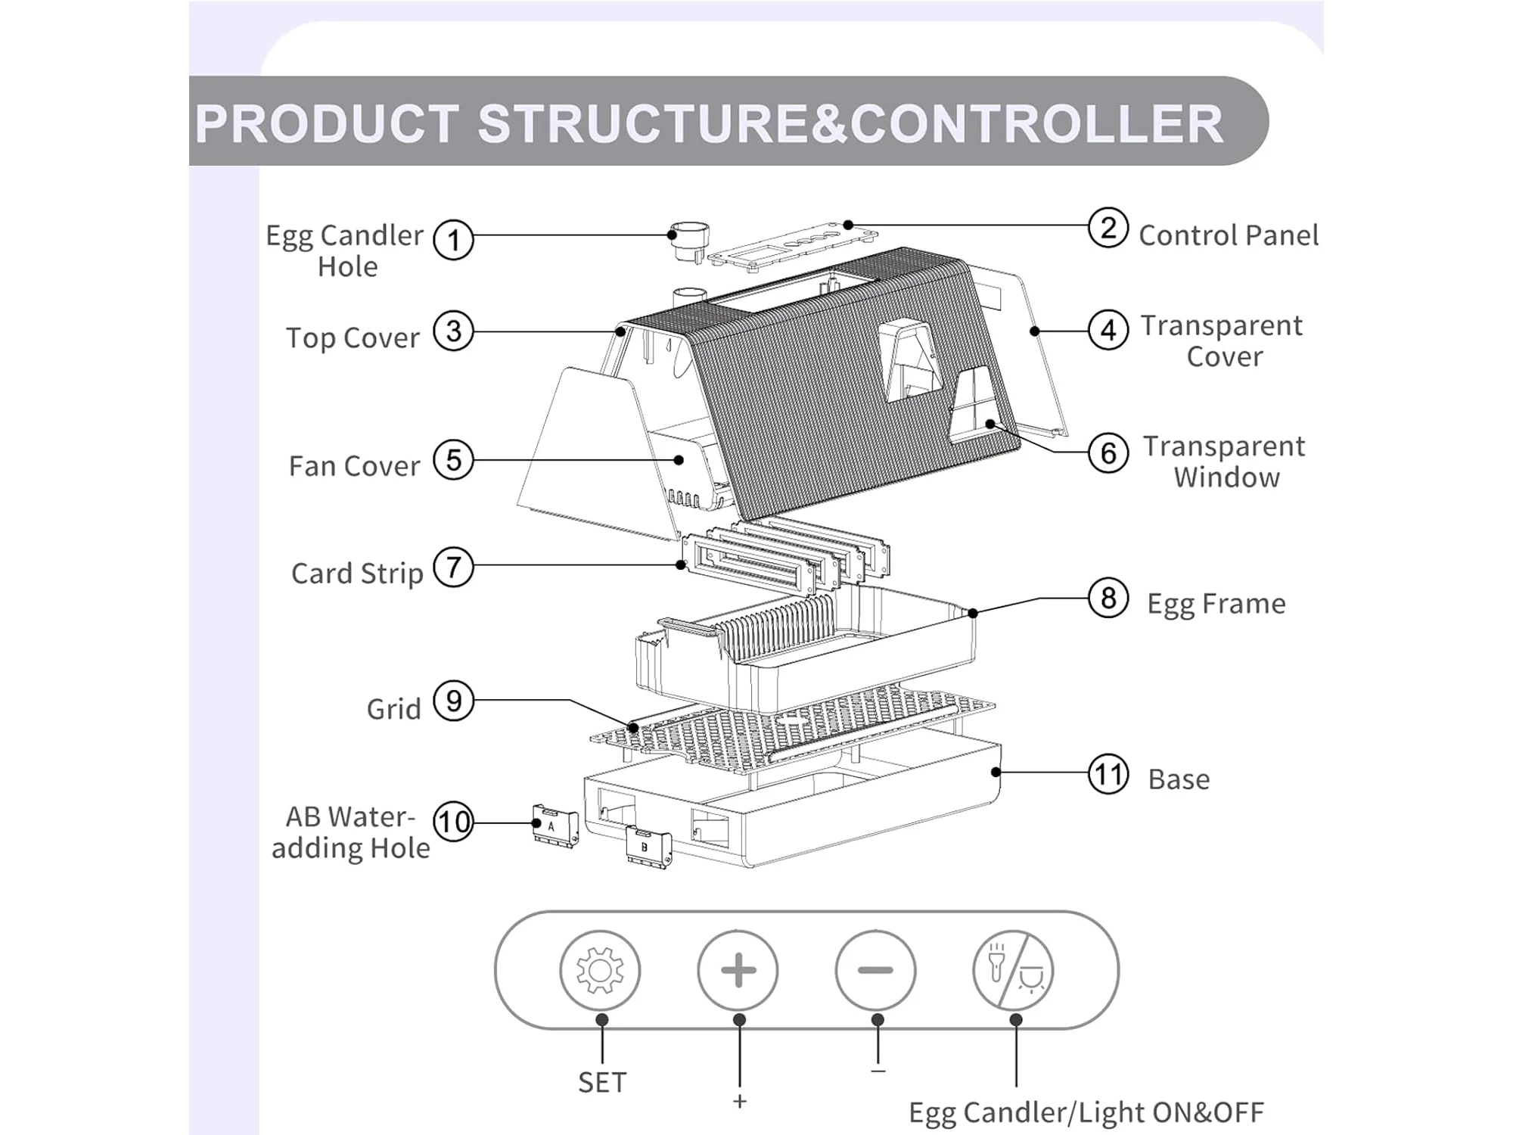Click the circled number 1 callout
pos(453,240)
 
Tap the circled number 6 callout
pos(1108,452)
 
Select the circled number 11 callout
pos(1108,774)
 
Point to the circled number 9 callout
pos(453,701)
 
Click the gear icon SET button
pos(600,970)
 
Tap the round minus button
pos(875,970)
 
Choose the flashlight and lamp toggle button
pos(1013,970)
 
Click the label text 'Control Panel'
pos(1229,235)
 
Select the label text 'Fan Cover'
pos(354,465)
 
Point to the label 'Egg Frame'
pos(1216,604)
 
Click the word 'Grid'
pos(393,709)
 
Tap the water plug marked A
pos(555,826)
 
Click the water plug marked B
pos(649,847)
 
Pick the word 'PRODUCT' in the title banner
pos(327,123)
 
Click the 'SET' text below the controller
pos(602,1083)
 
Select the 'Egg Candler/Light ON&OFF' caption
pos(1086,1112)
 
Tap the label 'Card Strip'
pos(357,574)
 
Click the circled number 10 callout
pos(453,822)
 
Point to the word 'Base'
pos(1179,779)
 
